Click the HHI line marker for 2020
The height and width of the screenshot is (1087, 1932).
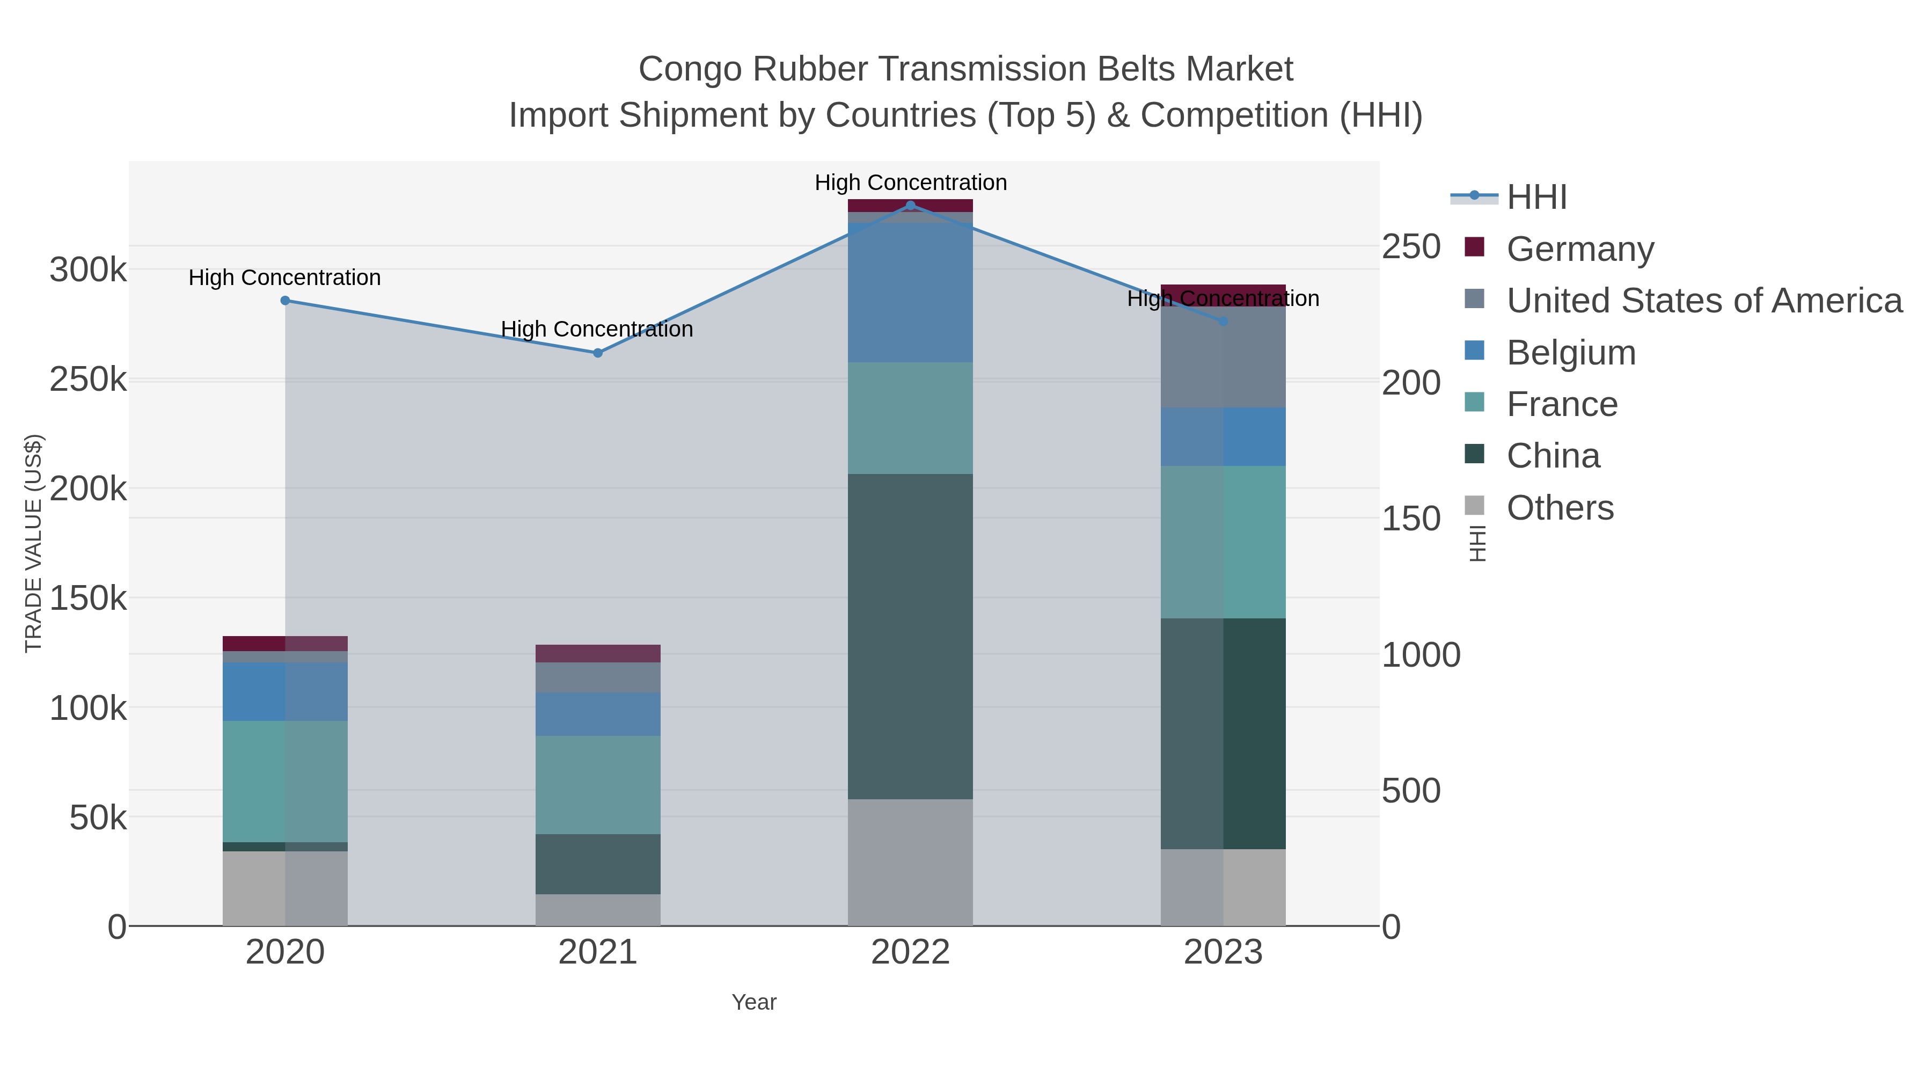click(x=285, y=301)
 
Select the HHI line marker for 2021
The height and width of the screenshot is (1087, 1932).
click(x=598, y=353)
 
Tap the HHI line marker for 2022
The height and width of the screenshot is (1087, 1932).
click(x=911, y=206)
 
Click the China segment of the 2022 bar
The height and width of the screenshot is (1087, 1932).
click(x=911, y=636)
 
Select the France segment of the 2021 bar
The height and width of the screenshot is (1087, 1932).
click(x=598, y=785)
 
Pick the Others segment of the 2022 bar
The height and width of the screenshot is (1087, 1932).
click(x=911, y=862)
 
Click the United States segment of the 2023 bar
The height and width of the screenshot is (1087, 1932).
click(x=1223, y=357)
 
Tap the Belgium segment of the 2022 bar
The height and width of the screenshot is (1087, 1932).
click(x=911, y=293)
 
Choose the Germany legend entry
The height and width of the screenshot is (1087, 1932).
click(x=1579, y=249)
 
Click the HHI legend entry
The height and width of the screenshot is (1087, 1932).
click(x=1536, y=198)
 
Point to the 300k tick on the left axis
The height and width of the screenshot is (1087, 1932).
click(x=89, y=270)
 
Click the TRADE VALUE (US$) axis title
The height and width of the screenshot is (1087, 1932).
click(x=34, y=543)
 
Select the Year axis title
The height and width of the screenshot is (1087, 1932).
click(x=754, y=1002)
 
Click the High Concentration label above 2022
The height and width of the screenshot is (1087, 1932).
click(x=911, y=183)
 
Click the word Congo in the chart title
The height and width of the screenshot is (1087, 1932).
click(x=690, y=70)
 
